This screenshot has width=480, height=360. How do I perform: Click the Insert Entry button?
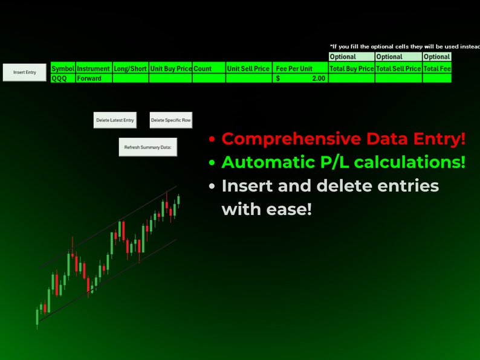tap(25, 72)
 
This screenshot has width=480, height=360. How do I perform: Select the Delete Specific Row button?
tap(170, 120)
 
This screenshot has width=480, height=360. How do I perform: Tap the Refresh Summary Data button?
tap(148, 147)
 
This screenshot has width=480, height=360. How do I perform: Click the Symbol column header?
tap(63, 69)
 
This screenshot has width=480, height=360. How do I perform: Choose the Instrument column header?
tap(94, 69)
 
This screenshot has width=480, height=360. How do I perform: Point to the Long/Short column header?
tap(130, 69)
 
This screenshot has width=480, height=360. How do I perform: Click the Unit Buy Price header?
tap(170, 69)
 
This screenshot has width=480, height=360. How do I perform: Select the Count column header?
tap(209, 69)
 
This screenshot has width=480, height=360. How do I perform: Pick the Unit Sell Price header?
tap(248, 69)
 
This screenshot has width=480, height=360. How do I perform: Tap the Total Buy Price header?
tap(351, 69)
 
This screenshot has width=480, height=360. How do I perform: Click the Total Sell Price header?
tap(398, 69)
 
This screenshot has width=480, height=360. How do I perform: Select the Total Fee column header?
tap(437, 69)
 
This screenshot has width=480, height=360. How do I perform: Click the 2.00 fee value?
tap(318, 78)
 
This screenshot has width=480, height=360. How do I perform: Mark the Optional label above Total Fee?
tap(437, 57)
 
